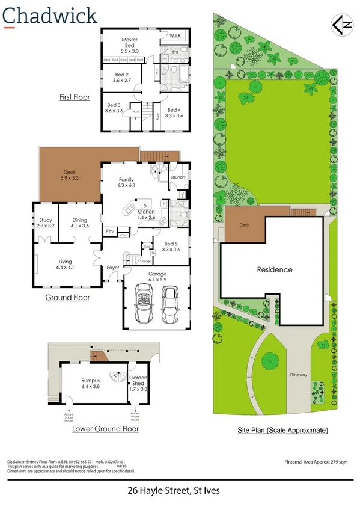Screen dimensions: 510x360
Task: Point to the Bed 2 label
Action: (121, 76)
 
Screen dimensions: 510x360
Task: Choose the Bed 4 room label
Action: (174, 112)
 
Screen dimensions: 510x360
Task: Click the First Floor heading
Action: (75, 97)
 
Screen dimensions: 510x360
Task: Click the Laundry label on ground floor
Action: (178, 177)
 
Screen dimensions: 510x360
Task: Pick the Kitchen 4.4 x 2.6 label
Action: (147, 215)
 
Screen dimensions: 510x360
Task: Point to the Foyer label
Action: (113, 268)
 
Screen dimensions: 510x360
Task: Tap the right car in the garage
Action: (170, 303)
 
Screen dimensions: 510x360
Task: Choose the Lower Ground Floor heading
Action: (105, 429)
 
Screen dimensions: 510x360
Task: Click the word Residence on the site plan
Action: (275, 270)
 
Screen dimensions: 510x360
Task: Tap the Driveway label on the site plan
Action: (299, 375)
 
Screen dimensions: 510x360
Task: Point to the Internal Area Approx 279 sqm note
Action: (317, 461)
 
